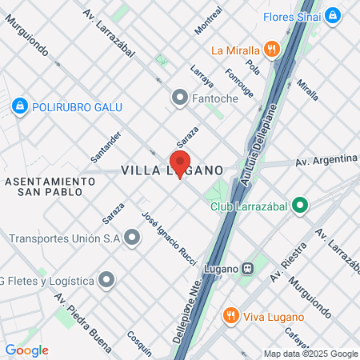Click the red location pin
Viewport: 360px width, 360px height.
(180, 161)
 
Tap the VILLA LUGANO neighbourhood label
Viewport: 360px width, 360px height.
(172, 170)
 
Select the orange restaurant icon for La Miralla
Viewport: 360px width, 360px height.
(274, 50)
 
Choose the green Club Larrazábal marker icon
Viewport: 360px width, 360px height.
(300, 206)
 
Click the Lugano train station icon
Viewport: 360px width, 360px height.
(248, 267)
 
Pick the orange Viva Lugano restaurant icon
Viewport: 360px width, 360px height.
(230, 314)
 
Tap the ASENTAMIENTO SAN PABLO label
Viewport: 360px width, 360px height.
(50, 186)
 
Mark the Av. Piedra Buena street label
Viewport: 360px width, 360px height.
(83, 310)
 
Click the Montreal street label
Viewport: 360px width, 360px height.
(208, 22)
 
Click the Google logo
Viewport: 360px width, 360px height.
(26, 350)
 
